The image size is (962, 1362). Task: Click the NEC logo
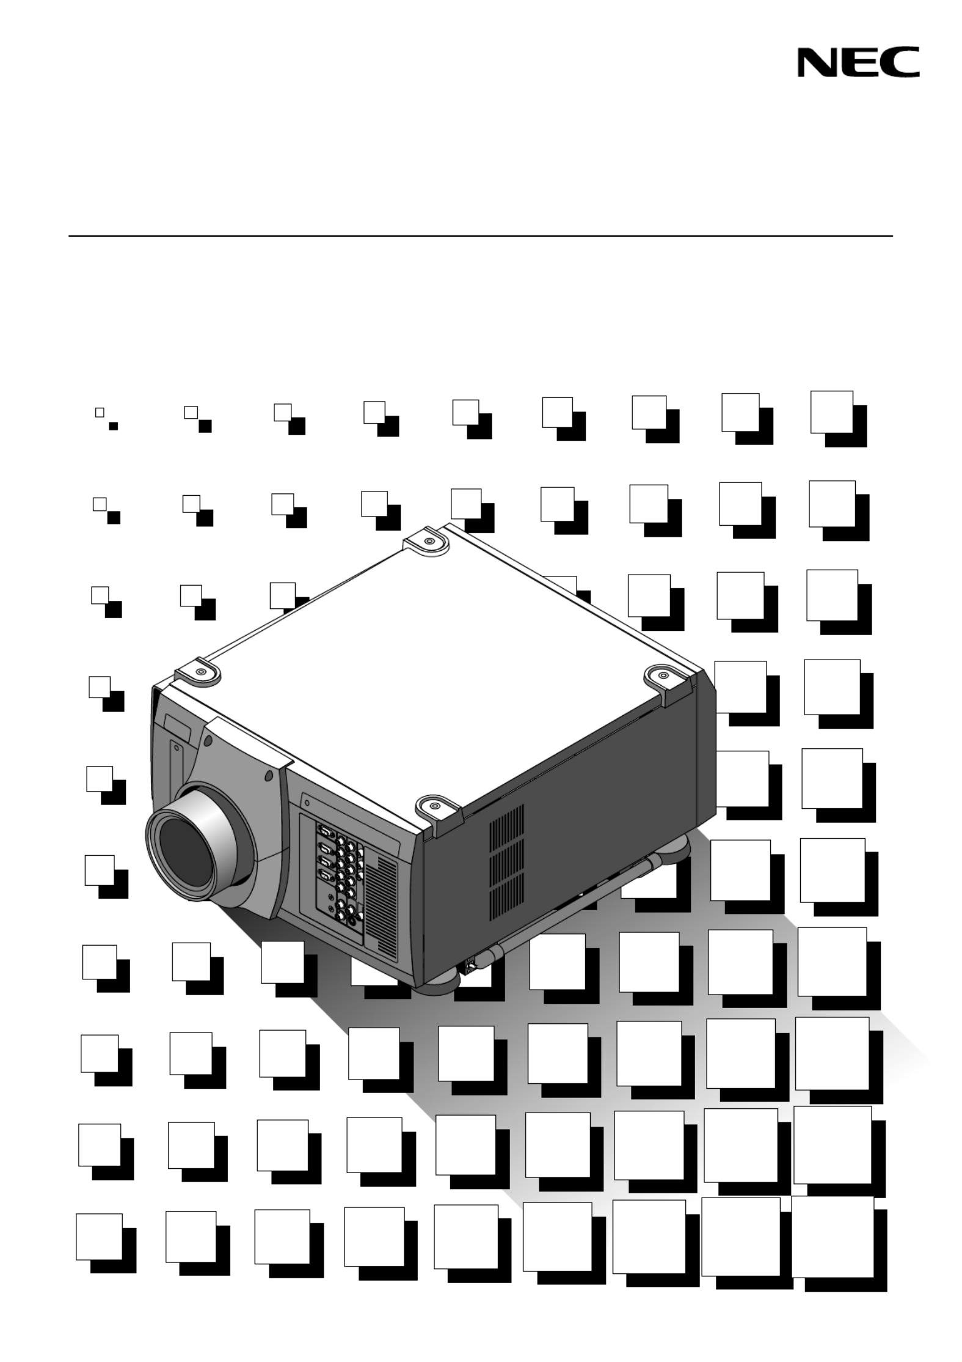click(858, 62)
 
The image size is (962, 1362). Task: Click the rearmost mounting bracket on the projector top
click(428, 542)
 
